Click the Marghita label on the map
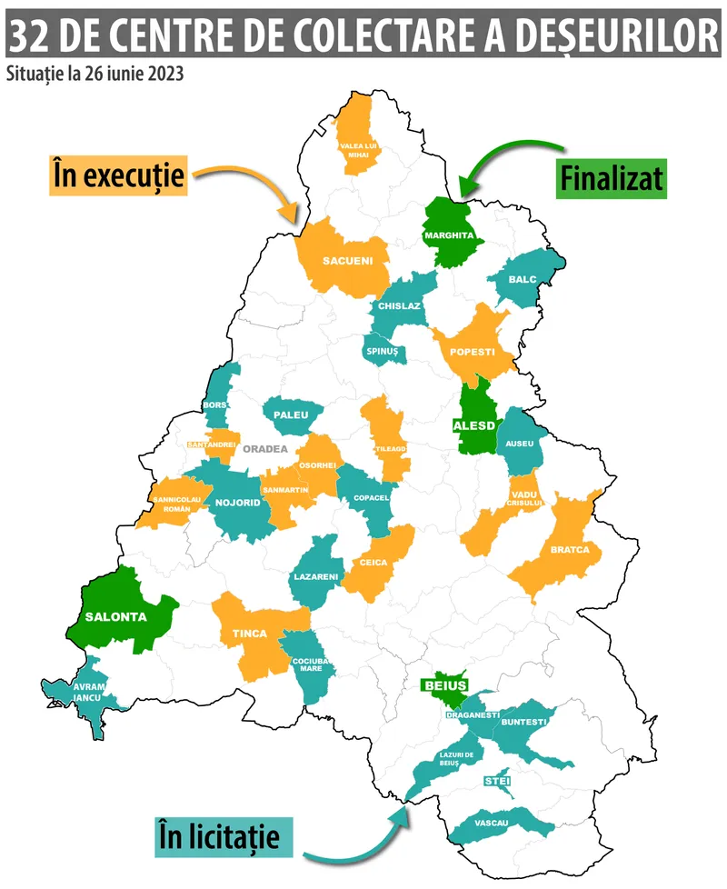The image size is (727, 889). click(449, 235)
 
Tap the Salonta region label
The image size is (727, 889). click(115, 615)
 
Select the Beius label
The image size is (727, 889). click(445, 685)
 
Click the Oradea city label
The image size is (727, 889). click(264, 448)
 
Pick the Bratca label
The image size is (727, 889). click(571, 549)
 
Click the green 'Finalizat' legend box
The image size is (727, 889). click(611, 177)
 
